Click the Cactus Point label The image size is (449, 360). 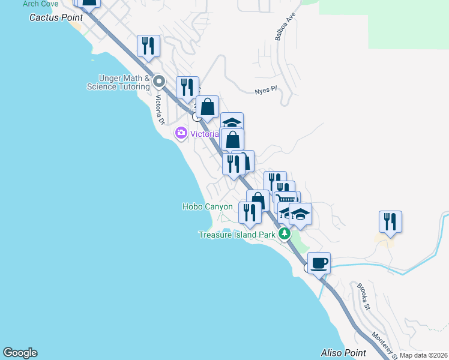[56, 17]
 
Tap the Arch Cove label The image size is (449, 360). [40, 4]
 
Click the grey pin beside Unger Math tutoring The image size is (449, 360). [159, 81]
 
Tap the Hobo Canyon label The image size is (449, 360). [207, 206]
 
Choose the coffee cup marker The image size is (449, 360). [319, 262]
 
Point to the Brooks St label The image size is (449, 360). [364, 296]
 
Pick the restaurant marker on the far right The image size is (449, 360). [390, 221]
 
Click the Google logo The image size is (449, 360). [20, 353]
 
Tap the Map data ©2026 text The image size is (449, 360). [423, 355]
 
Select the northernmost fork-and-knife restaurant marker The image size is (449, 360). [148, 46]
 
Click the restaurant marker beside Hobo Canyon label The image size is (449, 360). [250, 212]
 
